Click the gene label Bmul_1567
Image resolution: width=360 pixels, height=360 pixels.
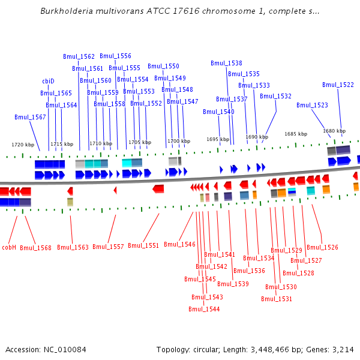point(30,117)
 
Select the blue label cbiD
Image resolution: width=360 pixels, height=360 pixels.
point(48,81)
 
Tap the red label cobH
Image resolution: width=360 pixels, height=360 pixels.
point(9,247)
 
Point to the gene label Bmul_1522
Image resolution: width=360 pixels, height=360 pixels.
point(338,85)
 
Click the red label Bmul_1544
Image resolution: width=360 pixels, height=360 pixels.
point(204,309)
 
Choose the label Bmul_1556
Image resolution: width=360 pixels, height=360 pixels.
point(115,56)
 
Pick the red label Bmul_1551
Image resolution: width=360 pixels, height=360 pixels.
point(143,245)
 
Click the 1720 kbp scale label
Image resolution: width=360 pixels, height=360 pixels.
point(23,145)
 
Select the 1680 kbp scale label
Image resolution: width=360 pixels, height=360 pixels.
point(334,131)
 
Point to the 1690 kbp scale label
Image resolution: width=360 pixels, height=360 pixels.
point(257,137)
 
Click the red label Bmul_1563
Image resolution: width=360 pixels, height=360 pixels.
point(73,247)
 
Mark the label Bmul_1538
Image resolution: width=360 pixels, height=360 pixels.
point(226,63)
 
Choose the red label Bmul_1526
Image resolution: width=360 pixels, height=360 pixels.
point(322,247)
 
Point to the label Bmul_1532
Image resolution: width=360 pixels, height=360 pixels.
point(275,96)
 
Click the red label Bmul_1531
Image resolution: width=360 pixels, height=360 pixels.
point(277,299)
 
